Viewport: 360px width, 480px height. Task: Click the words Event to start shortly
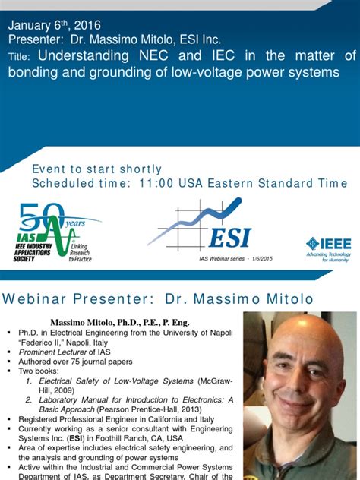[96, 169]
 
